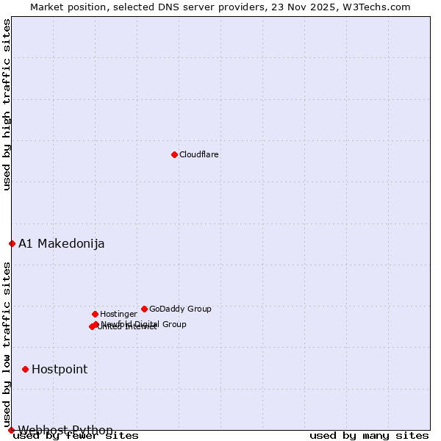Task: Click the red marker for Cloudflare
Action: (x=174, y=154)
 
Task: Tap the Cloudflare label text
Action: (x=199, y=154)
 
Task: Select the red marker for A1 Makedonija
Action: (x=12, y=243)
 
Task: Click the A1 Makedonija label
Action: (x=62, y=243)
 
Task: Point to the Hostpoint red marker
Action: (x=25, y=369)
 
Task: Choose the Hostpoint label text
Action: (x=60, y=369)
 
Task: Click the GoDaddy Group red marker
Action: (x=144, y=309)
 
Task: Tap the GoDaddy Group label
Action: (x=180, y=309)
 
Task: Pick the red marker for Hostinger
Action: (x=95, y=314)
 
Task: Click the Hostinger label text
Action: (x=118, y=314)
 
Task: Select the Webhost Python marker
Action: (x=11, y=430)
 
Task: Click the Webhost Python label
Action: (x=65, y=430)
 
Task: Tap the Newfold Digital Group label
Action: (x=144, y=324)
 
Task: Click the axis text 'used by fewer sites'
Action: (x=76, y=436)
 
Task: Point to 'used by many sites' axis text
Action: (x=369, y=436)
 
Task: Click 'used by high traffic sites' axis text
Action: (x=7, y=104)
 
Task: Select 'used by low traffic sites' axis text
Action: (x=7, y=339)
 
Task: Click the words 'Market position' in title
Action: (x=65, y=7)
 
